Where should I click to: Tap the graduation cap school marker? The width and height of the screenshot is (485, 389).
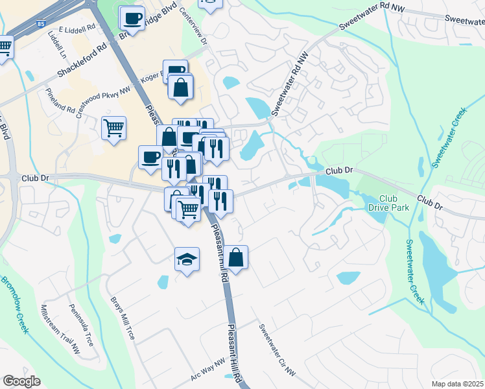click(x=187, y=260)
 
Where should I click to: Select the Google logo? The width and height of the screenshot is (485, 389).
click(x=21, y=381)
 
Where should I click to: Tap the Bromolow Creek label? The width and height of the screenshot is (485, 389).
click(x=14, y=305)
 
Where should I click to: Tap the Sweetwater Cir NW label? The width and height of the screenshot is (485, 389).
click(x=277, y=351)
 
